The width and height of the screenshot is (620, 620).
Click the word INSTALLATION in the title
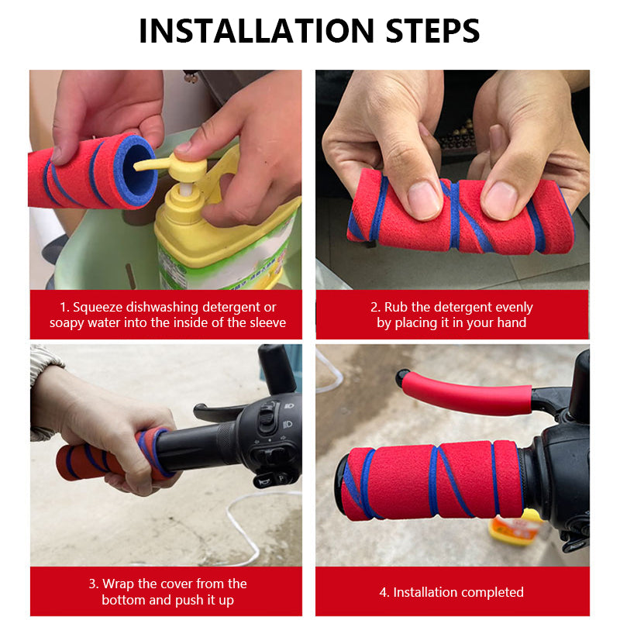257,31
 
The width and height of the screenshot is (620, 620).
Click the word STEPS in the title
432,31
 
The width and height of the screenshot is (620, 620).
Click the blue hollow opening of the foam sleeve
137,171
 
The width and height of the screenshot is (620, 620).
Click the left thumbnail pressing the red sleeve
424,201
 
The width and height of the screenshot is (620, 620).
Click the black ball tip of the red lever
402,377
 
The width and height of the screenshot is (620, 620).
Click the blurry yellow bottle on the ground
515,527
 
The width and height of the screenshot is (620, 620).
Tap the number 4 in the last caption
382,592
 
